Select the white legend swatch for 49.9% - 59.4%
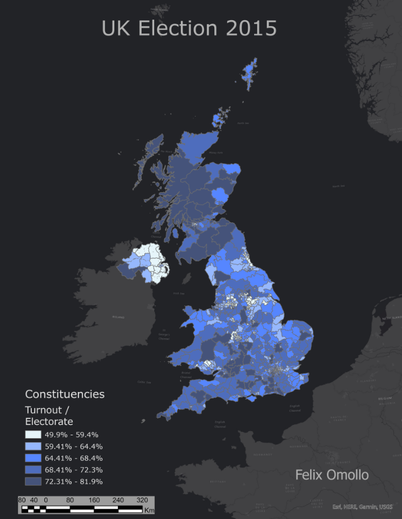[33, 435]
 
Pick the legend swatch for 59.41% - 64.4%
[33, 446]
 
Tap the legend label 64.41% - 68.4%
[73, 458]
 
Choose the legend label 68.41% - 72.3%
[73, 469]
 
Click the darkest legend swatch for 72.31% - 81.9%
[33, 481]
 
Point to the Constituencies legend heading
[65, 394]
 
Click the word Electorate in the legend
[49, 421]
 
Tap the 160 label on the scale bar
[94, 500]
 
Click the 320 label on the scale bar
[142, 500]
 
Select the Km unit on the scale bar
[149, 510]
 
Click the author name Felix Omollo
[332, 475]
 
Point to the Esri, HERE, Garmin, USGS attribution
[362, 507]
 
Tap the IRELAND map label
[118, 317]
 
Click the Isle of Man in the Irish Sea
[187, 279]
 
